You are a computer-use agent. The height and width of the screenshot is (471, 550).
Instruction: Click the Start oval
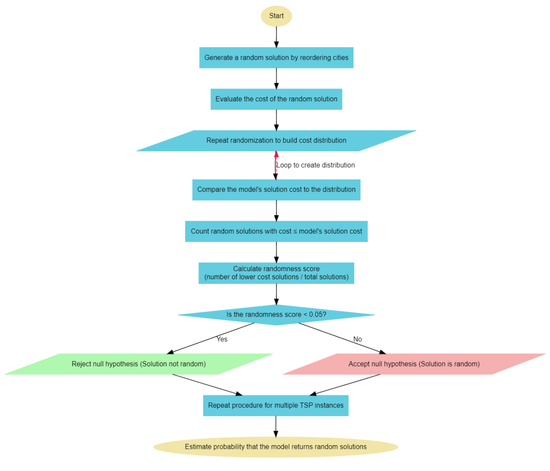276,16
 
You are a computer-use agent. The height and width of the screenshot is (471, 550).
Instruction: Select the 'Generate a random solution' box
276,58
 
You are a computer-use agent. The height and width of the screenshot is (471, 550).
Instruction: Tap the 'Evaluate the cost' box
276,99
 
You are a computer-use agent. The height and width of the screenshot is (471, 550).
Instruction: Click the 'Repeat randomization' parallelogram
276,141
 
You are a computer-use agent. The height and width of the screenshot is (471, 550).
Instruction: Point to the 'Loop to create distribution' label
315,165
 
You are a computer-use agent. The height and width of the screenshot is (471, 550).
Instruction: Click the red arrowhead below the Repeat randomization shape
276,154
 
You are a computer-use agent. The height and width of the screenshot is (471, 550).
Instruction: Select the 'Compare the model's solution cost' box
276,190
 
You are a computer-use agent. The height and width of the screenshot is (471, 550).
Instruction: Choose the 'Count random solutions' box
276,231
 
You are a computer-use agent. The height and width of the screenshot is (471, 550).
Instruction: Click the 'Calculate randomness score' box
276,273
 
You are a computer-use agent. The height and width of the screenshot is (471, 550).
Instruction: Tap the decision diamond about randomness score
276,315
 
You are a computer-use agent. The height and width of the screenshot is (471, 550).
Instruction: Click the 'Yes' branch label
222,339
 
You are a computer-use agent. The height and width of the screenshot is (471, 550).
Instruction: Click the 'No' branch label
357,339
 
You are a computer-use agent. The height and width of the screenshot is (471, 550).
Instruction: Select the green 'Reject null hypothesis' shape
139,364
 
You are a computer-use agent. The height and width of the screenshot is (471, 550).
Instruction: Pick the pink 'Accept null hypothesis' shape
414,364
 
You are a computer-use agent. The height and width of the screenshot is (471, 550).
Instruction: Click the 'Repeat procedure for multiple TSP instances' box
276,405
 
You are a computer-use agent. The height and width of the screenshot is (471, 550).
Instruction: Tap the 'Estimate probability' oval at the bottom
276,447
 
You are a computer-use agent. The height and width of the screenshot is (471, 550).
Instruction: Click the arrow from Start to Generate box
276,37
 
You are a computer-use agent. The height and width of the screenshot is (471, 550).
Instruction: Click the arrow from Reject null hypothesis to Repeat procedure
208,385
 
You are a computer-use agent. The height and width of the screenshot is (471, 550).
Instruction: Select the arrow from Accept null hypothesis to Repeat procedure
345,385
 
